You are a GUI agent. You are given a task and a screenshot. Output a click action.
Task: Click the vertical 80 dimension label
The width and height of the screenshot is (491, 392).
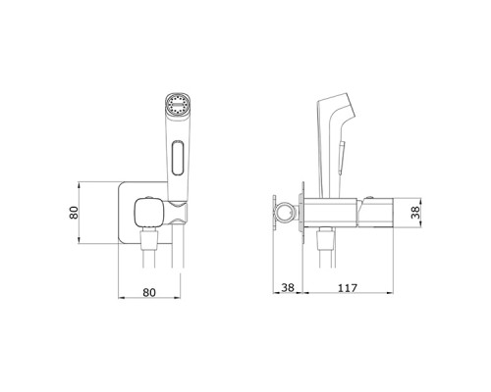pyautogui.click(x=75, y=213)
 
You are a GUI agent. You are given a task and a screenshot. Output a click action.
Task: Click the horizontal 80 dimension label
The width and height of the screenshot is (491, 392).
pyautogui.click(x=149, y=292)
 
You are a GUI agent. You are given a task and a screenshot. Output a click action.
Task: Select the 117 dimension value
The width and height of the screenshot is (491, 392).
pyautogui.click(x=348, y=288)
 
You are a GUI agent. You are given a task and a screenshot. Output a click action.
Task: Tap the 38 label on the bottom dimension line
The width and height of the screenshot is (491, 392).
pyautogui.click(x=288, y=288)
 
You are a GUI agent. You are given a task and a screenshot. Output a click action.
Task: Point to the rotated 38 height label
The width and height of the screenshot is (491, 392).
pyautogui.click(x=415, y=213)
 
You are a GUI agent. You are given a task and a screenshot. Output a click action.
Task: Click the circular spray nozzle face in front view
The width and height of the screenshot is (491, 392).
pyautogui.click(x=178, y=105)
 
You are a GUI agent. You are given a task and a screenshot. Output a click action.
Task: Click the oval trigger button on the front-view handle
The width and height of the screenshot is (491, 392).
pyautogui.click(x=178, y=158)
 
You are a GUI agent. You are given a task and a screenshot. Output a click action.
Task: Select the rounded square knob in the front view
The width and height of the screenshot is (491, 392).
pyautogui.click(x=148, y=213)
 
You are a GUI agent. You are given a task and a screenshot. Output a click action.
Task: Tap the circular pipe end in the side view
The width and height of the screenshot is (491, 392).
pyautogui.click(x=287, y=212)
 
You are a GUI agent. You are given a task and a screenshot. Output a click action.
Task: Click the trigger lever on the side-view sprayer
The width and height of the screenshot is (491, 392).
pyautogui.click(x=342, y=156)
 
